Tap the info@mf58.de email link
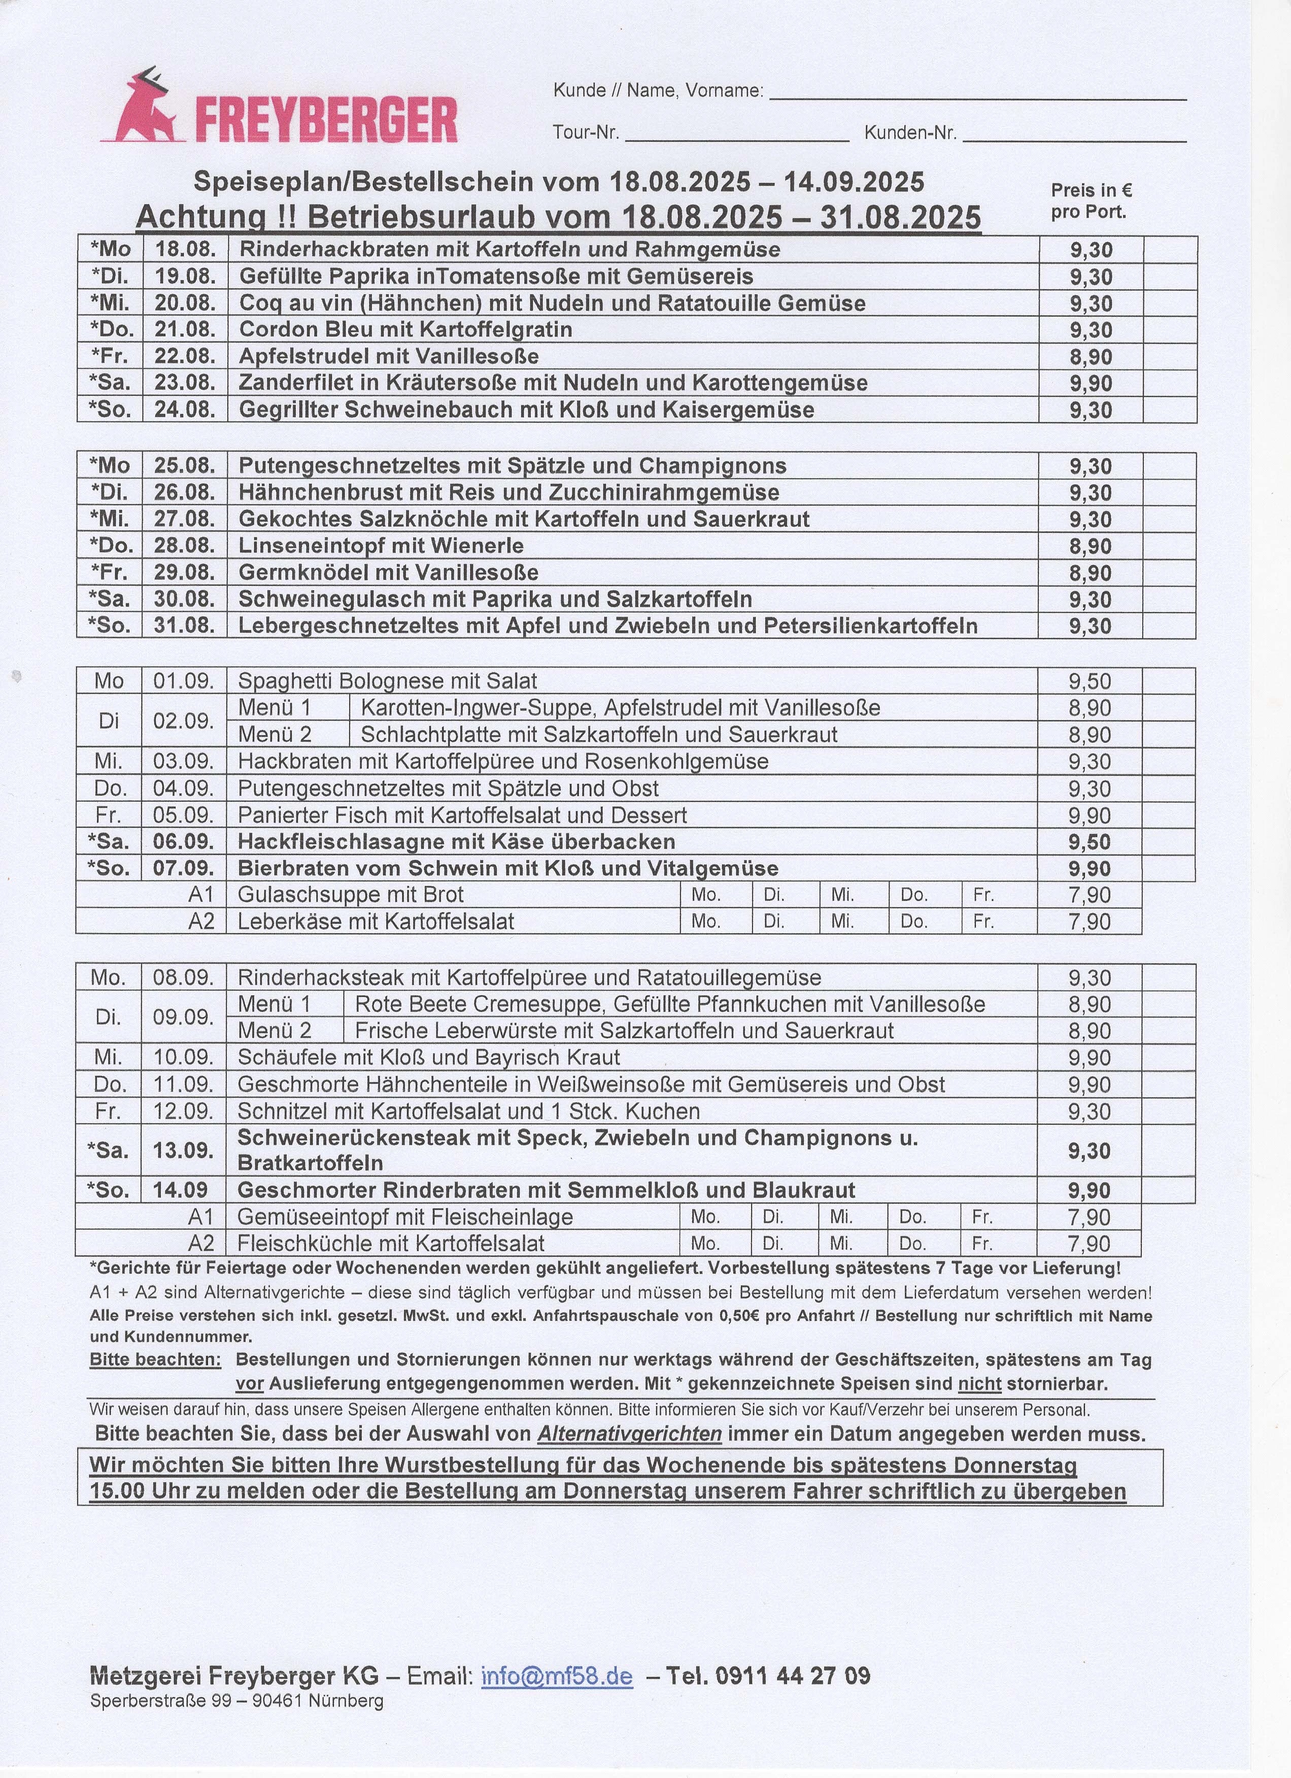pos(557,1676)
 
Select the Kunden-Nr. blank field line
pos(1074,135)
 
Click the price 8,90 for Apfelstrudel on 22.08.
pos(1091,357)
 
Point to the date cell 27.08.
pos(184,519)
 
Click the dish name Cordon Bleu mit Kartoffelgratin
pos(405,329)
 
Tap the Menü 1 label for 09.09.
pos(275,1004)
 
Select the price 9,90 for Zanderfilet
pos(1091,383)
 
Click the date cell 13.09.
pos(183,1150)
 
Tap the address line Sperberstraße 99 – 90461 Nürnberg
pos(236,1700)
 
